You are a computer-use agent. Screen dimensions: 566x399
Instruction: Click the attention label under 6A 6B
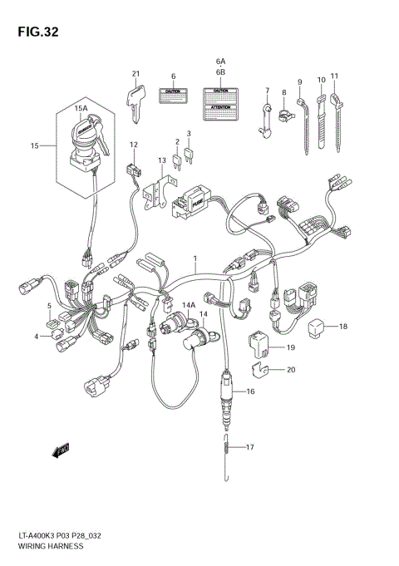(x=220, y=102)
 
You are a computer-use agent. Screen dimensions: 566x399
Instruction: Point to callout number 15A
(x=80, y=108)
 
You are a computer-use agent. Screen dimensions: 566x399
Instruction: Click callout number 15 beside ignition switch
(x=35, y=146)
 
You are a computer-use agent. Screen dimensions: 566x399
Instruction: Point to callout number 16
(x=250, y=390)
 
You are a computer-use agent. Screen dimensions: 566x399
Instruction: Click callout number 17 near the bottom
(x=250, y=447)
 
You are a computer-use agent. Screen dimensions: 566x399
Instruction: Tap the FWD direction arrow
(x=59, y=450)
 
